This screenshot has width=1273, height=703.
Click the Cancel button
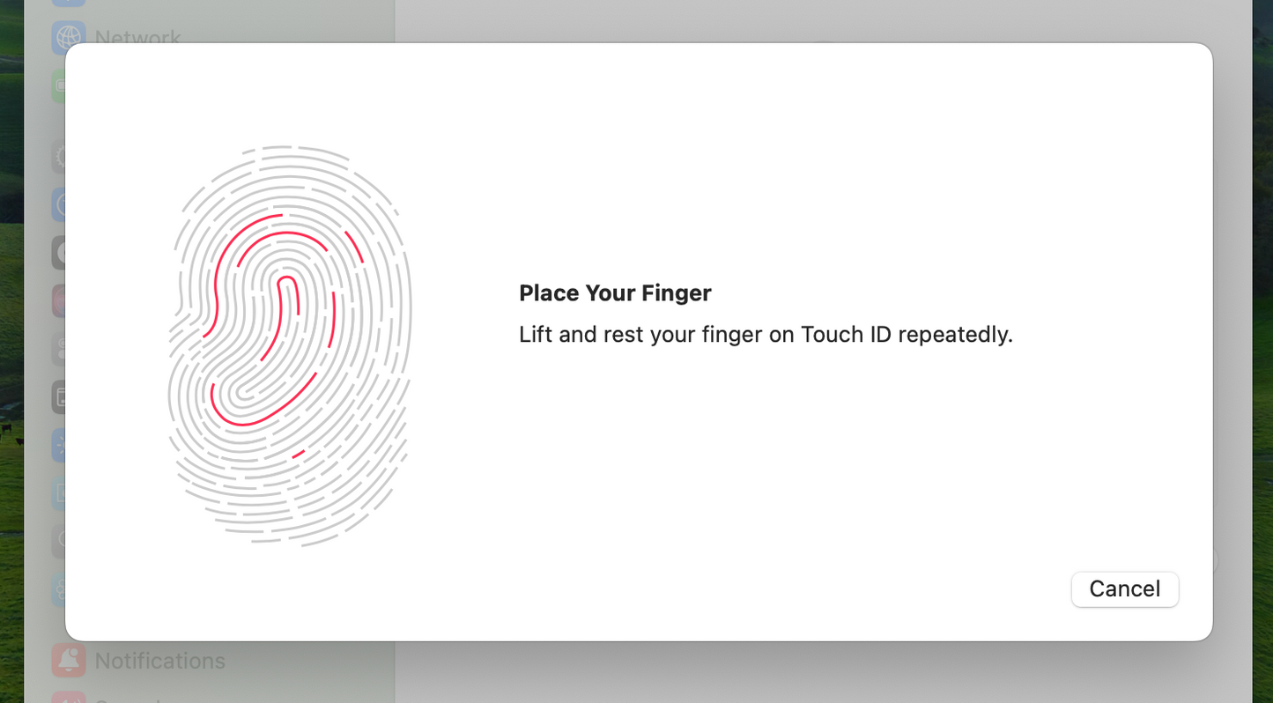point(1125,589)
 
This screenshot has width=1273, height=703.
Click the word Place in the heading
point(549,293)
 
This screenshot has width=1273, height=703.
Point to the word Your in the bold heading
point(611,293)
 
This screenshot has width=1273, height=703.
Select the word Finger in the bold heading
point(677,294)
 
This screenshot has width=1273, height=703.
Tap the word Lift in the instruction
point(536,334)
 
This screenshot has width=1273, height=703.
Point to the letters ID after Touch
point(880,334)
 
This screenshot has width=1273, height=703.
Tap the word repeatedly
point(955,335)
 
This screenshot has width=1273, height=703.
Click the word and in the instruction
point(578,334)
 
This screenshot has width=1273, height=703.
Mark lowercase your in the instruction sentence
point(673,336)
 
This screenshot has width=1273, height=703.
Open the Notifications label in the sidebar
point(160,661)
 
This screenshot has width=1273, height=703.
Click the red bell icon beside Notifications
point(69,661)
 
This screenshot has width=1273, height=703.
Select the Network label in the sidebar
point(137,38)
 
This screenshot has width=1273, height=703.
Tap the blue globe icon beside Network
point(69,38)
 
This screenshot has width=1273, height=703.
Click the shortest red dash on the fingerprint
point(299,454)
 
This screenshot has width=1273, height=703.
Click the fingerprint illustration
point(290,346)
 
